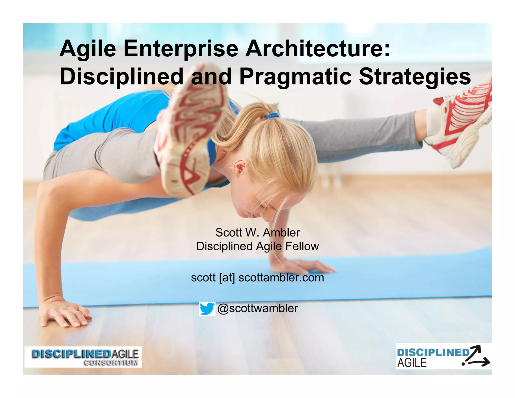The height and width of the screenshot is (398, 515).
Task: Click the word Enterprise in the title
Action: click(181, 49)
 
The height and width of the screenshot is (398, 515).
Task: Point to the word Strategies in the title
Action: click(415, 77)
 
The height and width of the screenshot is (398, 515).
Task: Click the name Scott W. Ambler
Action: click(257, 232)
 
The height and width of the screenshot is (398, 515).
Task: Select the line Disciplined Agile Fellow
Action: click(257, 246)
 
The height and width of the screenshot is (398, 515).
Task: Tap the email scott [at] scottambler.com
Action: click(257, 277)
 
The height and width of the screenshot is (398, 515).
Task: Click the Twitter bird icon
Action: click(207, 308)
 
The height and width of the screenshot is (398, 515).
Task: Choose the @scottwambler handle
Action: click(257, 308)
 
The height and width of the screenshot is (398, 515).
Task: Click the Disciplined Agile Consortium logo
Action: click(83, 357)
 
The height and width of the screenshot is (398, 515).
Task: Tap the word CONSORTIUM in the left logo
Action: click(111, 363)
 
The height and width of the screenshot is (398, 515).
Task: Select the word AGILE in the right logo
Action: click(412, 363)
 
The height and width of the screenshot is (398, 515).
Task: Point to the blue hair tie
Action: click(272, 116)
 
